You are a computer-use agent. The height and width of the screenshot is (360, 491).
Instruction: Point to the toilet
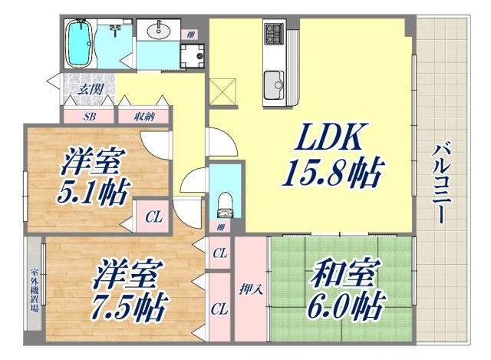225,203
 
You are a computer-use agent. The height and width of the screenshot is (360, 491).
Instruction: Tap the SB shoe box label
89,117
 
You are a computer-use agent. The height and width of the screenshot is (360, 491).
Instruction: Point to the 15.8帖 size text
331,176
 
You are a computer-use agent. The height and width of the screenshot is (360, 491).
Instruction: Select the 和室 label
339,273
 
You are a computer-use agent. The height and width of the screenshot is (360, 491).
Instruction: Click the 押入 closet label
250,290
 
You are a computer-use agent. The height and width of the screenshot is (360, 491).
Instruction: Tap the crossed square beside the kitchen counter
222,94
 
